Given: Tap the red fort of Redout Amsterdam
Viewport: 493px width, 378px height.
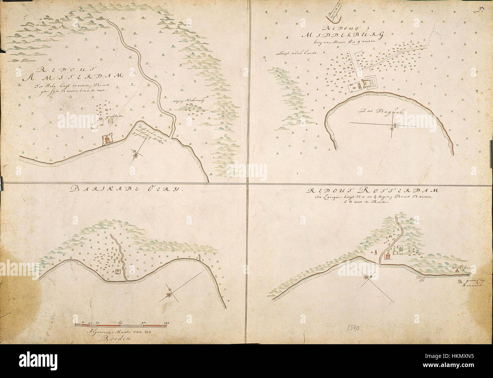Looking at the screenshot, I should coord(107,140).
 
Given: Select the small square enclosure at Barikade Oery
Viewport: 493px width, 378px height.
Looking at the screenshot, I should coord(118,271).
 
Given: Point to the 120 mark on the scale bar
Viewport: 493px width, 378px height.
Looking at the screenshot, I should coord(166,323).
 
